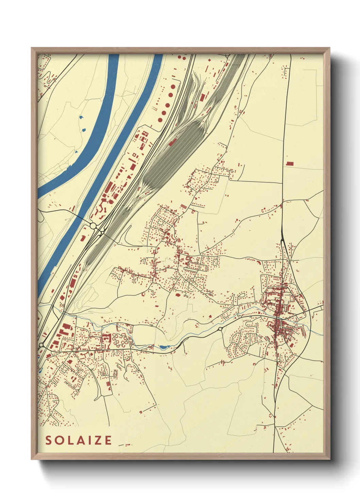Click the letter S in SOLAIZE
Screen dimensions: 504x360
(x=49, y=440)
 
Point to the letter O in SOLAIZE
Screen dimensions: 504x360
(x=59, y=440)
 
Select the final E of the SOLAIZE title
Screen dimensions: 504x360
(x=108, y=440)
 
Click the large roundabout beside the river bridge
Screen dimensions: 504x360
(x=93, y=225)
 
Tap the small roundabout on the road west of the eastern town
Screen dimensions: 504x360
(x=220, y=329)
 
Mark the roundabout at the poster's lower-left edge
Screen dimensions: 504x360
(x=42, y=345)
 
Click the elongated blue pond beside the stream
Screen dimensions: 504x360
(x=163, y=347)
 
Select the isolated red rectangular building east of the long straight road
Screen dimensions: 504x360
(x=290, y=163)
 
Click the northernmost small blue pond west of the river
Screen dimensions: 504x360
(x=81, y=117)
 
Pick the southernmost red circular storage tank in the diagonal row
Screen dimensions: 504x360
(x=160, y=120)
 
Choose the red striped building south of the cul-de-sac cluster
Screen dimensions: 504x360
(x=109, y=384)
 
